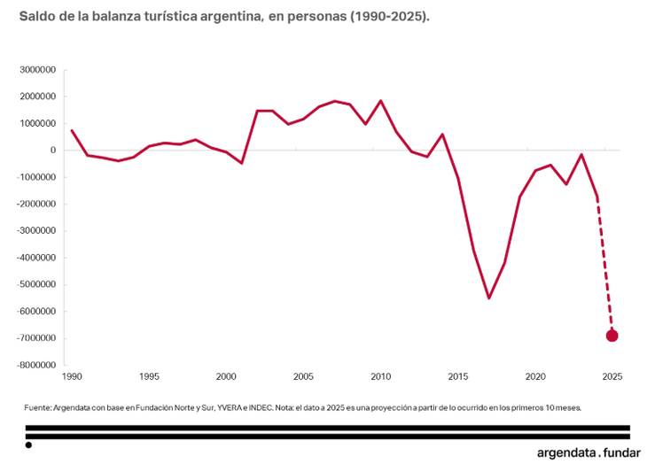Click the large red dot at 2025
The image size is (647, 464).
(x=612, y=336)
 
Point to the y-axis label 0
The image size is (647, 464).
(x=53, y=151)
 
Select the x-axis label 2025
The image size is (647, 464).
(x=612, y=376)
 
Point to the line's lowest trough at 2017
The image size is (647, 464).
(x=488, y=298)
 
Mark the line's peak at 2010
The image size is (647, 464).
(x=380, y=101)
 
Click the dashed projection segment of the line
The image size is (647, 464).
(x=604, y=266)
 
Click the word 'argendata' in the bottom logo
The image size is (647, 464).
(x=565, y=452)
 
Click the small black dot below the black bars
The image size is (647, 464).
(x=28, y=445)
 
